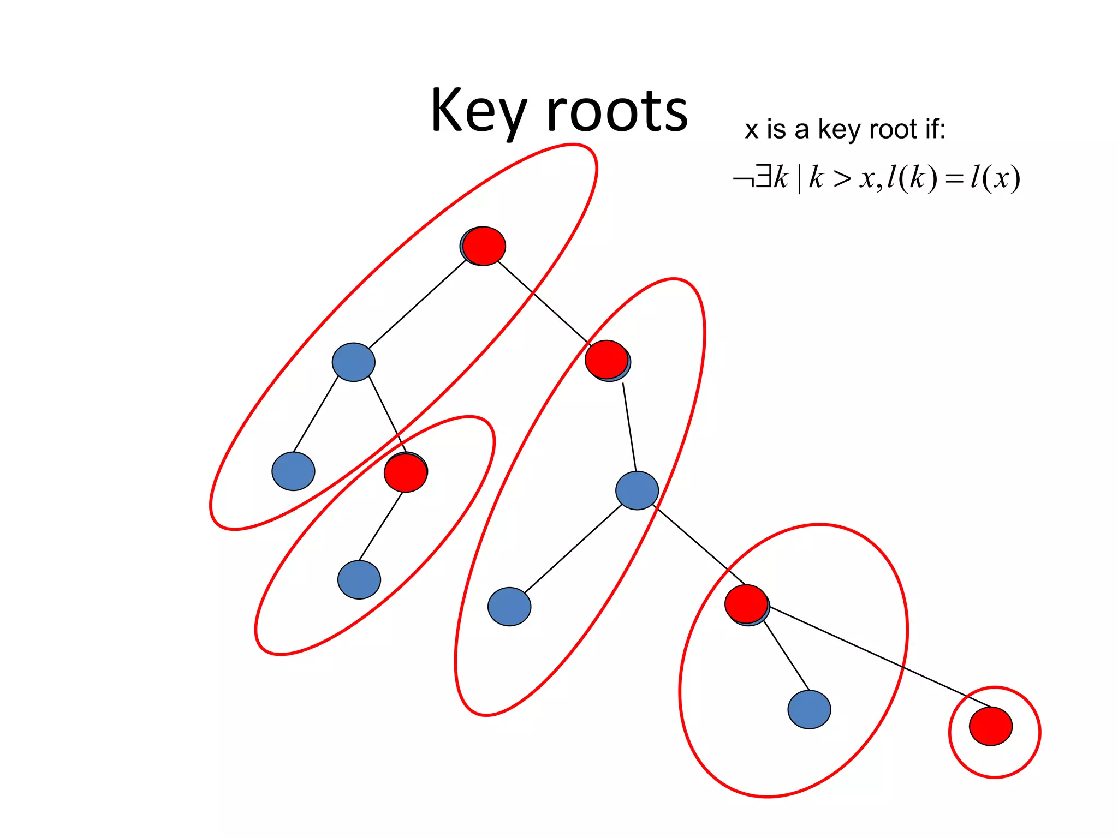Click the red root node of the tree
coord(484,246)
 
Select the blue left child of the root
coord(353,362)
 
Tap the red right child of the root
coord(606,360)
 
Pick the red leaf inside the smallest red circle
coord(990,726)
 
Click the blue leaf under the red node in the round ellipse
coord(809,709)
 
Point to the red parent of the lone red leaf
coord(746,603)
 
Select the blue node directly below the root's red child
coord(637,490)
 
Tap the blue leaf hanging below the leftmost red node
coord(359,579)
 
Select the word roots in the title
coord(617,112)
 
